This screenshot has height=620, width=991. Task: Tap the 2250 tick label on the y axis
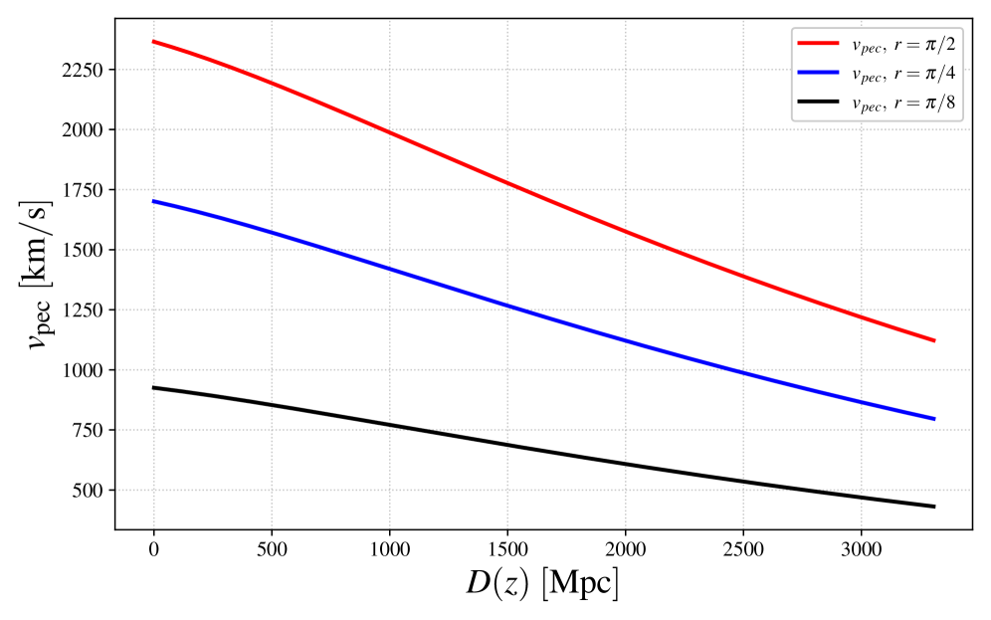coord(86,71)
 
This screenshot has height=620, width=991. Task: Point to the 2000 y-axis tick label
coord(86,130)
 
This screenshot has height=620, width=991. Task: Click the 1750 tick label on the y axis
coord(86,191)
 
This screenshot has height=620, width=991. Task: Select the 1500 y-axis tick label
coord(86,251)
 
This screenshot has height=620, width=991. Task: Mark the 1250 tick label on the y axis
coord(86,310)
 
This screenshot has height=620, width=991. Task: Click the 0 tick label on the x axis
coord(153,548)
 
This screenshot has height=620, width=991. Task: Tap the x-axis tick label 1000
coord(389,548)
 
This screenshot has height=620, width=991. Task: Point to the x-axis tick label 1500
coord(506,548)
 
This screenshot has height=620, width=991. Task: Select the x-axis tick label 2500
coord(742,548)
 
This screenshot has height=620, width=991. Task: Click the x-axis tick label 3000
coord(860,548)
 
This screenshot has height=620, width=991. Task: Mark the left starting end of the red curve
coord(153,41)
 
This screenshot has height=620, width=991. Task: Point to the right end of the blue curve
coord(934,419)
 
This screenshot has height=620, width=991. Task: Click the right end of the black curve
coord(934,507)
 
